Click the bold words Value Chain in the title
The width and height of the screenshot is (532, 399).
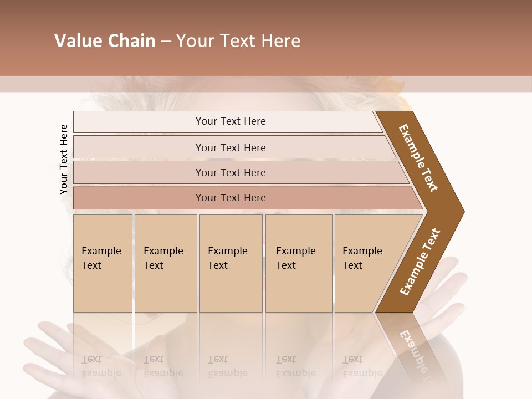[x=105, y=41]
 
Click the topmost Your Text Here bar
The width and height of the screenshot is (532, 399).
[x=230, y=121]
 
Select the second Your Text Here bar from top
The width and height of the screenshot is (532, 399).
[x=230, y=147]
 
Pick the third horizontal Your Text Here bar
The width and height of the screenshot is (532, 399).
[x=230, y=172]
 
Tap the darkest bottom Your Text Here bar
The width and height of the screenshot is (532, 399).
[x=230, y=198]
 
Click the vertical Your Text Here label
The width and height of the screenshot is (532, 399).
[x=64, y=159]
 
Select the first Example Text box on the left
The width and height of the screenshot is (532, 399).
[x=103, y=263]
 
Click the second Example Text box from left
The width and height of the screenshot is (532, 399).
[x=165, y=263]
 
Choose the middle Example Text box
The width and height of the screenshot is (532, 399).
[x=231, y=263]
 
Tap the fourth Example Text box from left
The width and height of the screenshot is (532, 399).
[x=298, y=263]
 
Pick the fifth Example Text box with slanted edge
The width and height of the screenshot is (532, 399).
[x=366, y=263]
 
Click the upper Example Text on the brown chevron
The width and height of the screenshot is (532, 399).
[x=419, y=158]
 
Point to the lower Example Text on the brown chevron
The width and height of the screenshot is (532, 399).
[x=420, y=262]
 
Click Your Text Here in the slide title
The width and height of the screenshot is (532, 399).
[x=238, y=41]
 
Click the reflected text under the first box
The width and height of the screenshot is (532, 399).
[x=101, y=366]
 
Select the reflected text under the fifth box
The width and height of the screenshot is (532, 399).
[x=362, y=366]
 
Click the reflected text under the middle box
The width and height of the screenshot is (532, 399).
[x=227, y=366]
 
